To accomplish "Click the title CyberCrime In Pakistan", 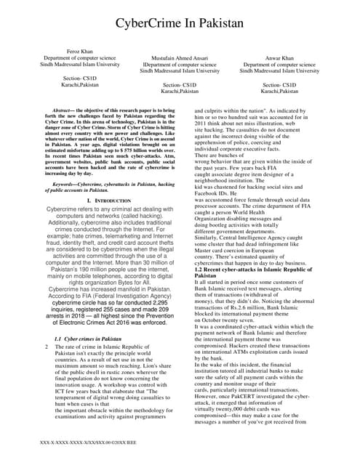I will pyautogui.click(x=180, y=25).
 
